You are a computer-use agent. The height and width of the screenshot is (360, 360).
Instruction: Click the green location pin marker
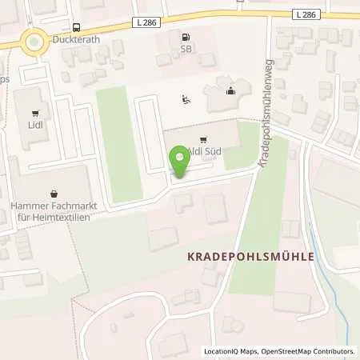pyautogui.click(x=180, y=162)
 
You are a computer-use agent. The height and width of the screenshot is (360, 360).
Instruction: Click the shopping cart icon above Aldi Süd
pyautogui.click(x=202, y=138)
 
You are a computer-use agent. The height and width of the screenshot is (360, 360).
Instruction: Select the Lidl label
pyautogui.click(x=34, y=128)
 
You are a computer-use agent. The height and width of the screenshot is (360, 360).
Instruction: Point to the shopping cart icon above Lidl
pyautogui.click(x=34, y=114)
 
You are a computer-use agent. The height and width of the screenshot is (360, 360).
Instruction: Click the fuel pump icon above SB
pyautogui.click(x=186, y=37)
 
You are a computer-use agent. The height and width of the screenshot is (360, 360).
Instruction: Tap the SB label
pyautogui.click(x=186, y=50)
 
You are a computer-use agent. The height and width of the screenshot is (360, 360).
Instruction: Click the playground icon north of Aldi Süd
pyautogui.click(x=186, y=100)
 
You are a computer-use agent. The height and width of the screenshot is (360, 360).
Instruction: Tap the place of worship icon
pyautogui.click(x=231, y=90)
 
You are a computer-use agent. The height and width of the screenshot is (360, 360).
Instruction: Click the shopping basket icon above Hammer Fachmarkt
pyautogui.click(x=53, y=193)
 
